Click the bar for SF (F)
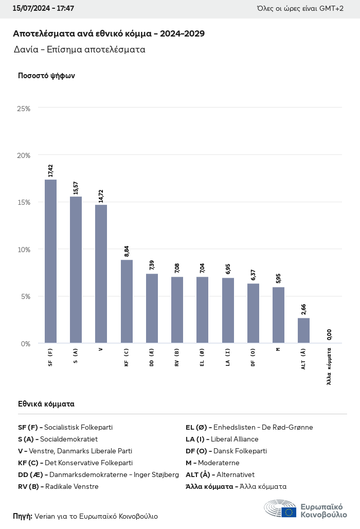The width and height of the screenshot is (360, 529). (50, 261)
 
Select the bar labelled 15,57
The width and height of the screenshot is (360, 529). (76, 270)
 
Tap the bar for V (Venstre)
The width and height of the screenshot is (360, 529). (101, 274)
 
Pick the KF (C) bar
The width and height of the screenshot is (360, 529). (127, 302)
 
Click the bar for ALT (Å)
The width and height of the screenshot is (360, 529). (303, 330)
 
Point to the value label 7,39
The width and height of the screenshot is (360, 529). (152, 265)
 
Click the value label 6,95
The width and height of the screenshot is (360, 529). (228, 269)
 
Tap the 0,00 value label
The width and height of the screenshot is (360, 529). (329, 334)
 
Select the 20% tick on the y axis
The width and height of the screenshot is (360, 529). (24, 155)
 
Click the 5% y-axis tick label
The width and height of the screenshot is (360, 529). (25, 296)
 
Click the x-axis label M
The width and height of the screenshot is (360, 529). (278, 349)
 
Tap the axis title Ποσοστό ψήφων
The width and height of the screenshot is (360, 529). (46, 76)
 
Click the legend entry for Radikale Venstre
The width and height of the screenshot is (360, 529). (58, 486)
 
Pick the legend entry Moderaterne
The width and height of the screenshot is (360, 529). (212, 463)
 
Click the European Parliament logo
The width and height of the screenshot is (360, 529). (305, 508)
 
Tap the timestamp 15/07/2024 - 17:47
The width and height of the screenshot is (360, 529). (43, 9)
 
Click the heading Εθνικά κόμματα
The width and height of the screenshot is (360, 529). (46, 404)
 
